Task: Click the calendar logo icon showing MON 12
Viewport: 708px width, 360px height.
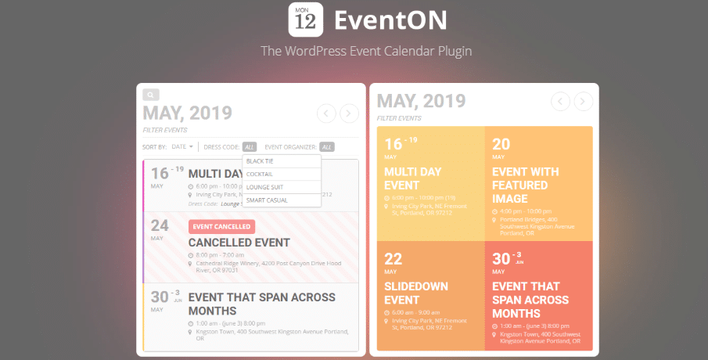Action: click(307, 20)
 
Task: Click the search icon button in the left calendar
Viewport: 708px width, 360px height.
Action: click(150, 95)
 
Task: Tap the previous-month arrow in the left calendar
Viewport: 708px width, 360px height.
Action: click(326, 113)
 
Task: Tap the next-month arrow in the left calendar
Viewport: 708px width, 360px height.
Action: click(349, 113)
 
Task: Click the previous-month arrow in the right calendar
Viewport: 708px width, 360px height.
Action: click(560, 101)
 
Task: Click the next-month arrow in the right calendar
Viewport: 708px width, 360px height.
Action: click(583, 101)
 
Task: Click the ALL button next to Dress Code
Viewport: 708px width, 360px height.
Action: click(249, 146)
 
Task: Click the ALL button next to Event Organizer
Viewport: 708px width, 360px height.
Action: click(327, 146)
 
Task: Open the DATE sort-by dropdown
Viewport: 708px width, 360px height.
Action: click(181, 146)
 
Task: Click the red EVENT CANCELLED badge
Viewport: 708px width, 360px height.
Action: click(221, 226)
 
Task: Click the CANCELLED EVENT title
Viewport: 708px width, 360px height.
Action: click(239, 243)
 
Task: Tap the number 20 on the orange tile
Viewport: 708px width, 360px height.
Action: click(501, 144)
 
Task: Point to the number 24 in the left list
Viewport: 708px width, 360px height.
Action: click(160, 226)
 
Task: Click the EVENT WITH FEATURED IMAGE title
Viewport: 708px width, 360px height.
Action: click(524, 185)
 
